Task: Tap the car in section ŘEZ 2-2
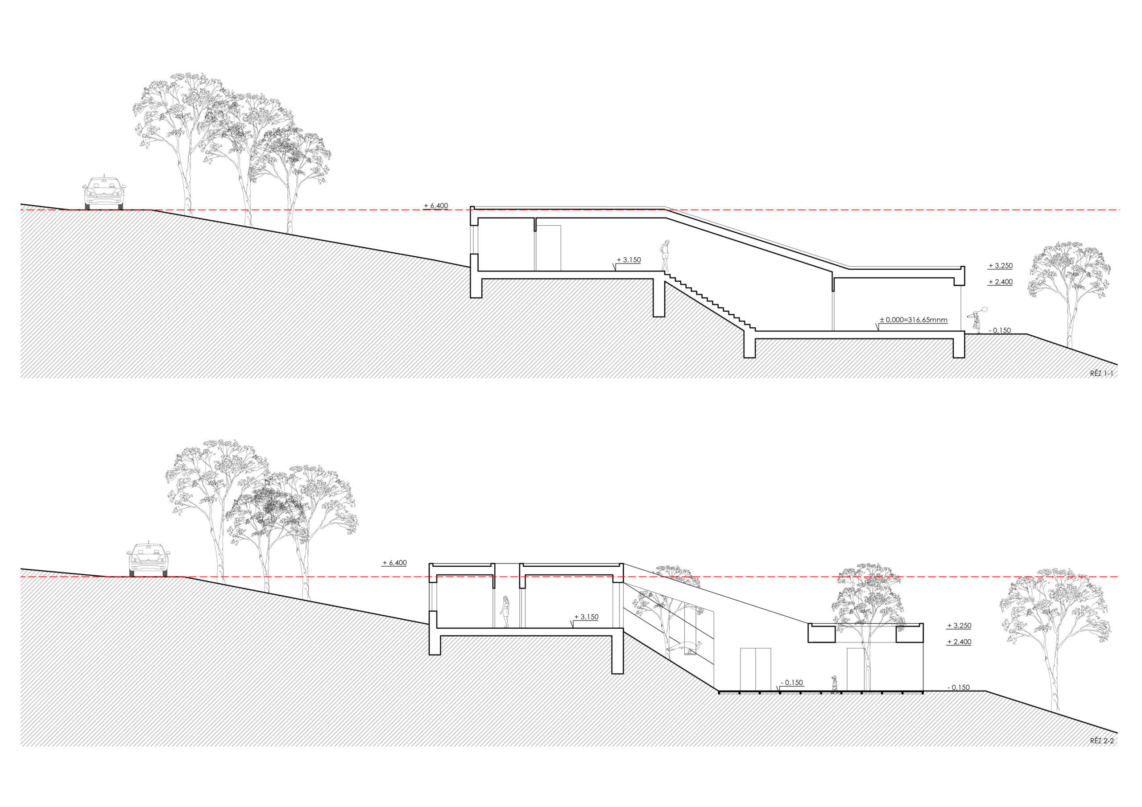coord(148,560)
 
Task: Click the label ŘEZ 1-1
coord(1101,374)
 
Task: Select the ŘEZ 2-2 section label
coord(1101,755)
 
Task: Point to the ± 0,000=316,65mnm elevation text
coord(913,320)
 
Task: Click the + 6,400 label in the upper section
coord(436,206)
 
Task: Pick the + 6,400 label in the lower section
coord(394,563)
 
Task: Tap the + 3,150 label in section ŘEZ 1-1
coord(629,259)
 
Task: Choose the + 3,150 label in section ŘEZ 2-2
coord(587,617)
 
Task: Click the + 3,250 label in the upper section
coord(1000,266)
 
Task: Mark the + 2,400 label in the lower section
coord(959,642)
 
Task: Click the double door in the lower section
coord(756,669)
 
